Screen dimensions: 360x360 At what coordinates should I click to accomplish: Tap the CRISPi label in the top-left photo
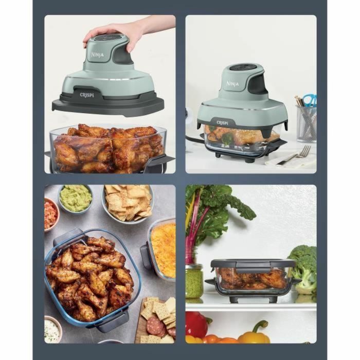pyautogui.click(x=85, y=96)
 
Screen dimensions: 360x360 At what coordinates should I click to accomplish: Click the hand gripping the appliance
pyautogui.click(x=111, y=31)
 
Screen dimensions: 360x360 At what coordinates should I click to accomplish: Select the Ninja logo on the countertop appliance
pyautogui.click(x=232, y=84)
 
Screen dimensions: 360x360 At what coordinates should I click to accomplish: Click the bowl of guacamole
pyautogui.click(x=76, y=197)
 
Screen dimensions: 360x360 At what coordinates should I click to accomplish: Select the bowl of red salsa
pyautogui.click(x=50, y=213)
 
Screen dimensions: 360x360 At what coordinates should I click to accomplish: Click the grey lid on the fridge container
pyautogui.click(x=252, y=263)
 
